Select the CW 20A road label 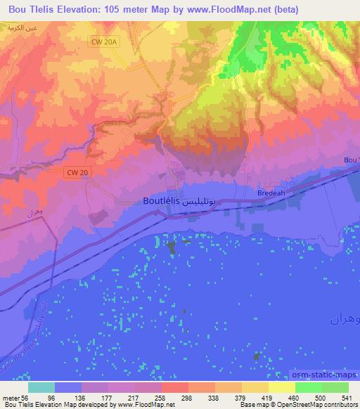tap(103, 42)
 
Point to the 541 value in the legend tap(338, 397)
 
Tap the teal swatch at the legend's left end tap(41, 387)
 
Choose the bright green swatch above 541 tap(336, 387)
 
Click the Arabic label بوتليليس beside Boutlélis tap(205, 201)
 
